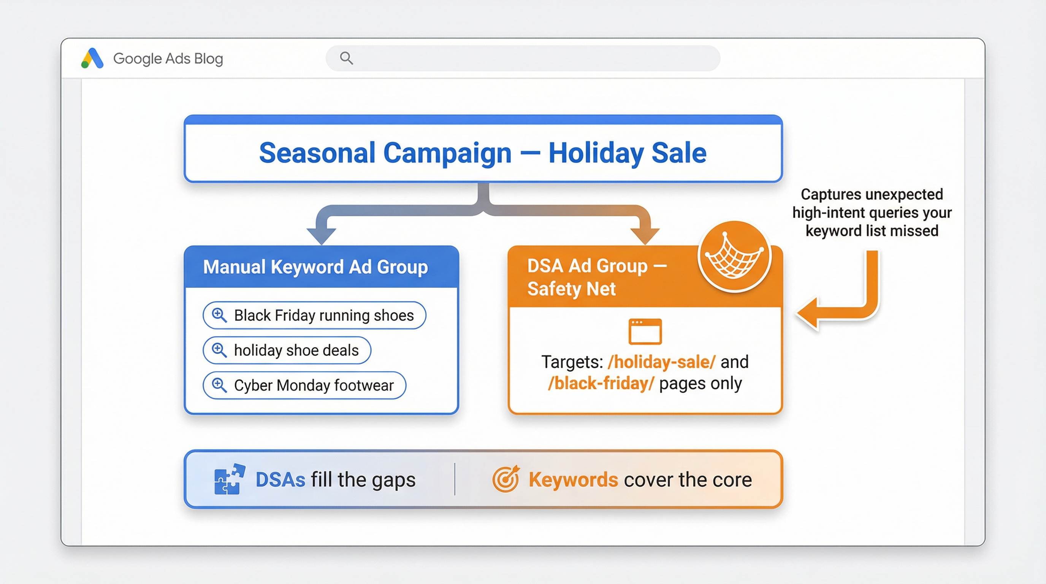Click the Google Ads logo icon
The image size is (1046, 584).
(x=93, y=59)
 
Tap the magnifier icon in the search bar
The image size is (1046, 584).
(x=346, y=58)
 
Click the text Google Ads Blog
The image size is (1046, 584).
(x=168, y=59)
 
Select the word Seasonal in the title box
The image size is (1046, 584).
(x=317, y=153)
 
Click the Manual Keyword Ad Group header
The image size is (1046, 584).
(x=315, y=267)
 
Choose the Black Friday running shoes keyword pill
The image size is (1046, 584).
(x=314, y=315)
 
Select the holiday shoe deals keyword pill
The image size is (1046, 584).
(x=287, y=350)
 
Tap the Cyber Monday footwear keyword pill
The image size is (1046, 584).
(x=304, y=385)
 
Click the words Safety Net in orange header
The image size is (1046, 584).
(x=571, y=289)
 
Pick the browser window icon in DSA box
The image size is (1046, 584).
(x=645, y=332)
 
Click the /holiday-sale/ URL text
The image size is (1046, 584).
(x=661, y=362)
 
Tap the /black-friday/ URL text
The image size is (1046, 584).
(x=601, y=383)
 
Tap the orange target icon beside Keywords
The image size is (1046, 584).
(x=505, y=479)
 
